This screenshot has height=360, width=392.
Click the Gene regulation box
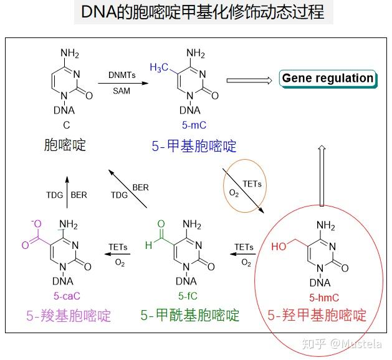click(328, 78)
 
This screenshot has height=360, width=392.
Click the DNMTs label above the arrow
click(122, 75)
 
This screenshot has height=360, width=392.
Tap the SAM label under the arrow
click(122, 91)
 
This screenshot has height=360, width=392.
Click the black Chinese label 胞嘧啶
click(65, 145)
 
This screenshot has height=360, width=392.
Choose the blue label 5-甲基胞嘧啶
click(194, 147)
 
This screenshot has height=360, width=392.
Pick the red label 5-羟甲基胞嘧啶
click(317, 315)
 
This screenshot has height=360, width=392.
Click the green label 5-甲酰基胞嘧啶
click(190, 315)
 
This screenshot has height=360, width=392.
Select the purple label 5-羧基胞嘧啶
click(69, 315)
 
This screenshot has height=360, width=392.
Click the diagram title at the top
click(203, 12)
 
